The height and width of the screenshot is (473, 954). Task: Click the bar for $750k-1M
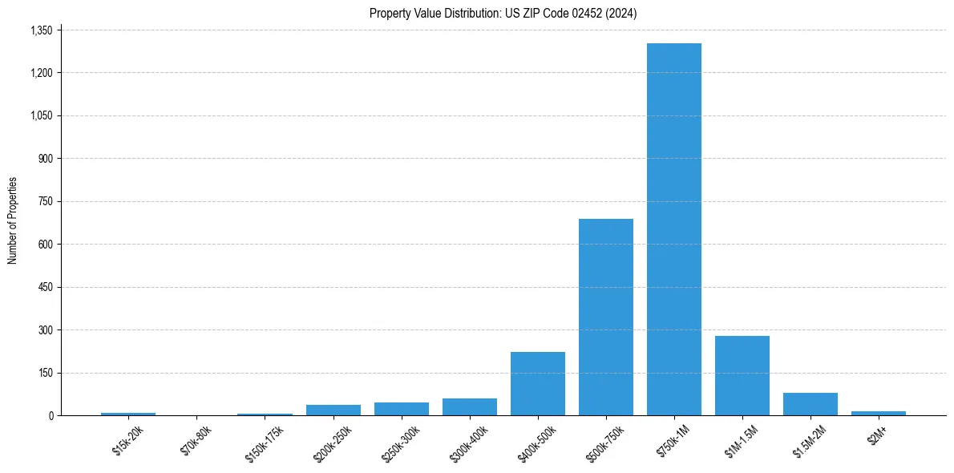pyautogui.click(x=674, y=229)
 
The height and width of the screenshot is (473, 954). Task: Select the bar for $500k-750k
pyautogui.click(x=606, y=317)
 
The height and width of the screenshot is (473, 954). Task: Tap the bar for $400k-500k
pyautogui.click(x=538, y=383)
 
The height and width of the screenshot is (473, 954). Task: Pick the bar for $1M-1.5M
pyautogui.click(x=742, y=375)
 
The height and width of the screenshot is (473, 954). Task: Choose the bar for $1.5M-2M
pyautogui.click(x=810, y=404)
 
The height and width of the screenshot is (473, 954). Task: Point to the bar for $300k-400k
pyautogui.click(x=470, y=406)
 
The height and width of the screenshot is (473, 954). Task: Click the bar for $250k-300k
pyautogui.click(x=402, y=409)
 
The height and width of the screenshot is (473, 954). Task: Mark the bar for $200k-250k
pyautogui.click(x=333, y=410)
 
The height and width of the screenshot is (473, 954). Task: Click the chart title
pyautogui.click(x=503, y=13)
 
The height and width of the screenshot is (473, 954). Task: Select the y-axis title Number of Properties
pyautogui.click(x=13, y=220)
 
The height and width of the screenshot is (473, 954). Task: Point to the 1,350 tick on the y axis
pyautogui.click(x=40, y=30)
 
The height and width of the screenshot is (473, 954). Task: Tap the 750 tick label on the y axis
pyautogui.click(x=45, y=201)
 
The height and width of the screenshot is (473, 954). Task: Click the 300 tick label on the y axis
pyautogui.click(x=45, y=329)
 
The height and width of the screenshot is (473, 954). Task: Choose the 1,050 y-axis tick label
pyautogui.click(x=40, y=115)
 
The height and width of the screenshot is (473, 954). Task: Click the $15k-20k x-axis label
pyautogui.click(x=128, y=441)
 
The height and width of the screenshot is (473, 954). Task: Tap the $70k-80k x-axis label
pyautogui.click(x=196, y=441)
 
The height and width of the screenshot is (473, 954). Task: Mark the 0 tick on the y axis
pyautogui.click(x=50, y=415)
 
